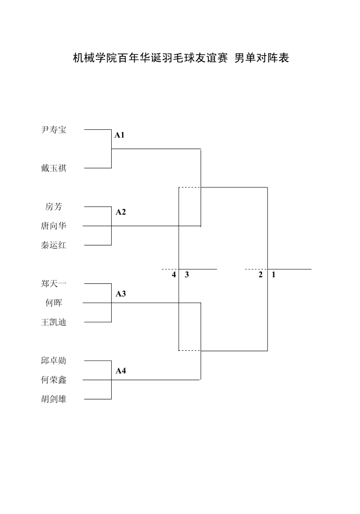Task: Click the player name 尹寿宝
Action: pos(54,130)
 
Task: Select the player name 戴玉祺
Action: pos(54,168)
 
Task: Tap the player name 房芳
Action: pos(54,207)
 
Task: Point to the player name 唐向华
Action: pos(54,226)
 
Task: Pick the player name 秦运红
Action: pos(54,245)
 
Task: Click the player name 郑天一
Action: pos(54,283)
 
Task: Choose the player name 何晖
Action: pos(54,302)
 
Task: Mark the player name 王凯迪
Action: pos(54,322)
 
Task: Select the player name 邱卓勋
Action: pos(54,361)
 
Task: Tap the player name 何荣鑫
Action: pos(54,380)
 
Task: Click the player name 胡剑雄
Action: pos(54,399)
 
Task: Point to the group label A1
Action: pos(119,135)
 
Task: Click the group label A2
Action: pos(121,212)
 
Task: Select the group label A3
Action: pos(121,294)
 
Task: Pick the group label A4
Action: pos(121,371)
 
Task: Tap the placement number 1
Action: pos(273,275)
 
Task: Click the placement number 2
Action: pos(261,275)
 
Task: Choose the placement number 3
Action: pos(187,275)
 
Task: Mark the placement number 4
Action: pos(174,275)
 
